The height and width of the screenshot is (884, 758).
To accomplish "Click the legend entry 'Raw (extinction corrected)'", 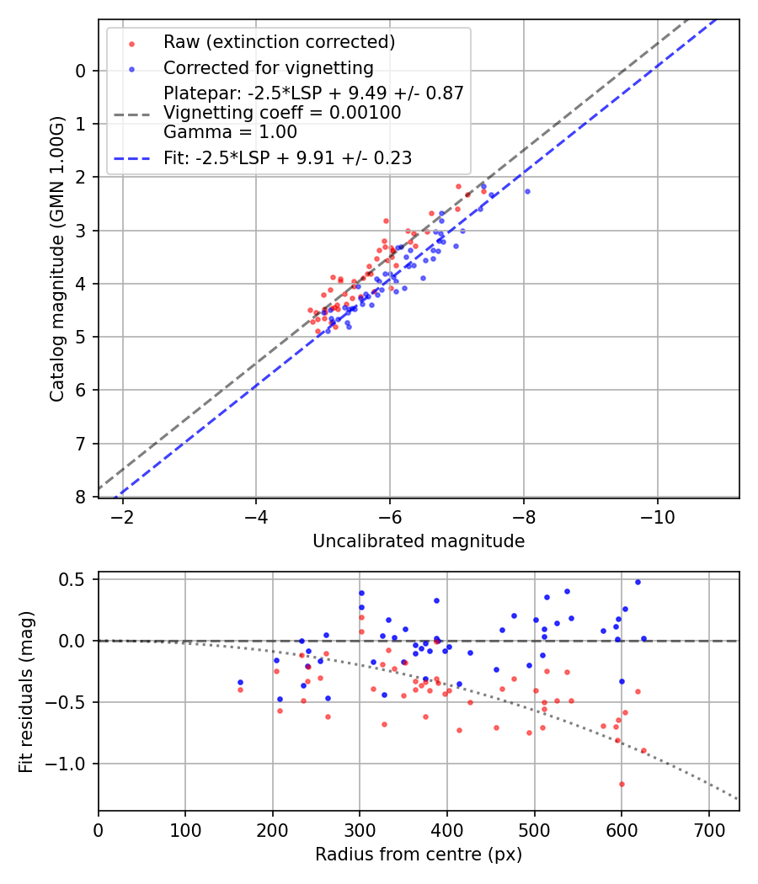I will (279, 42).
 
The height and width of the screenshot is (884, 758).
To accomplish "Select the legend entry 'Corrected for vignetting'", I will (268, 67).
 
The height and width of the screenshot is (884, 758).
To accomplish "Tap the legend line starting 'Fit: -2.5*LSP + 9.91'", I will (287, 157).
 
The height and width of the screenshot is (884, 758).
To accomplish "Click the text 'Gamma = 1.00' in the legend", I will (230, 131).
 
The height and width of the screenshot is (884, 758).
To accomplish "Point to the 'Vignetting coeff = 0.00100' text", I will (282, 113).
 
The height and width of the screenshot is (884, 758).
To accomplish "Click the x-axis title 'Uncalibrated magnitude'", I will (419, 541).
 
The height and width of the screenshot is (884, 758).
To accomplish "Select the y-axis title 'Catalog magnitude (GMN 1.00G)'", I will (56, 258).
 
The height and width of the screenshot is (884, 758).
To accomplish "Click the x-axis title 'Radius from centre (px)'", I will (419, 855).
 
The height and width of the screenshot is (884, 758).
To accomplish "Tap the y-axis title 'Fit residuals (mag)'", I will (26, 691).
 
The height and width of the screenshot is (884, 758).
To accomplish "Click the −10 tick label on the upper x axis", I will (657, 517).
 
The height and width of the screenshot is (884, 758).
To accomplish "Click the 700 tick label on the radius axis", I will (708, 830).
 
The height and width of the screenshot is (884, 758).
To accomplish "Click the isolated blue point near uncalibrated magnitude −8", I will (527, 192).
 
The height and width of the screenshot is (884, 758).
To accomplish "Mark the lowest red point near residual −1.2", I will (622, 784).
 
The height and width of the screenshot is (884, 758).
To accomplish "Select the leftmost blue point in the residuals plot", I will (240, 682).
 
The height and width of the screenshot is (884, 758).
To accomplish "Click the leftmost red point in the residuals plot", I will (240, 690).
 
